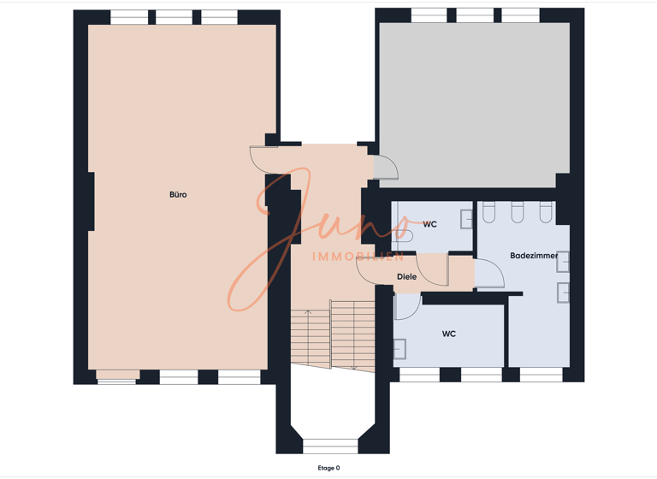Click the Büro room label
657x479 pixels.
(x=178, y=194)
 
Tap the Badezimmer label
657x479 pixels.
(x=534, y=255)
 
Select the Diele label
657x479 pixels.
(x=407, y=276)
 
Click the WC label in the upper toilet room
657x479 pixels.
(x=430, y=224)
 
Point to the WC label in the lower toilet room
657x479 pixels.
(x=449, y=334)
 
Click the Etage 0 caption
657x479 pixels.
(x=328, y=468)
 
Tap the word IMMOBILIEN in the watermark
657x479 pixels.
(x=358, y=256)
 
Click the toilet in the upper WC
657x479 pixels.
(x=402, y=235)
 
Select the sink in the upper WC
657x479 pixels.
(x=466, y=219)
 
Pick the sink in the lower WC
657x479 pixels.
(x=400, y=349)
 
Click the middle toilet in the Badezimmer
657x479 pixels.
(x=518, y=211)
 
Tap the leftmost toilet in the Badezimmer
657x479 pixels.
(x=489, y=211)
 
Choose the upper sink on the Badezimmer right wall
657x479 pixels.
(x=563, y=262)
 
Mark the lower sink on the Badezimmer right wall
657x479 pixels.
(x=563, y=293)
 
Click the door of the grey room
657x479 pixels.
(x=386, y=167)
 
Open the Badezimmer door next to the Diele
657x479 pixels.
(x=489, y=273)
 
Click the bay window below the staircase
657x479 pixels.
(x=330, y=446)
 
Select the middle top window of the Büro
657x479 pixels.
(x=175, y=17)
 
